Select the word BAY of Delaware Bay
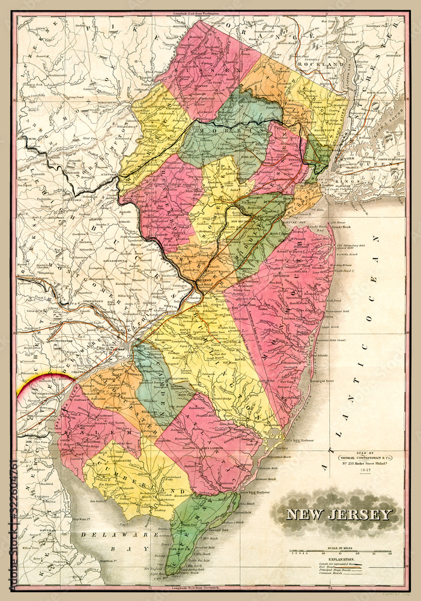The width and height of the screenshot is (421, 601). pos(139,549)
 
